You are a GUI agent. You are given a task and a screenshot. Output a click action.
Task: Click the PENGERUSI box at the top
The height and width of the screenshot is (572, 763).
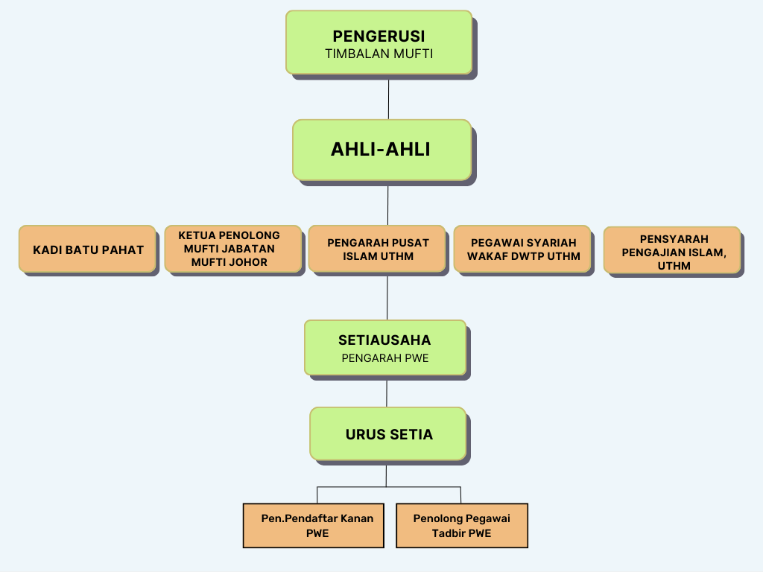pos(379,42)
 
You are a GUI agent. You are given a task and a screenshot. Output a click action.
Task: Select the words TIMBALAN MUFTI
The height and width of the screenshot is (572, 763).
pos(379,54)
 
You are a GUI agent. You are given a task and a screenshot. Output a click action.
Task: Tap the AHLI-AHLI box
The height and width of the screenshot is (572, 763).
pos(381,150)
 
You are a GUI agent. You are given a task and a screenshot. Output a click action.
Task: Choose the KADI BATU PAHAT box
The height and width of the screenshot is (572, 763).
pos(88,249)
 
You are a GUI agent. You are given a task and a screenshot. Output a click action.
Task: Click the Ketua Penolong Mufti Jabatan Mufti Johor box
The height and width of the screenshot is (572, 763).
pos(232,249)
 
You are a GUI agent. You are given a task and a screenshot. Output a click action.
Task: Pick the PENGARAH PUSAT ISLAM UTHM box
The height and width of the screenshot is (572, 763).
pos(378,249)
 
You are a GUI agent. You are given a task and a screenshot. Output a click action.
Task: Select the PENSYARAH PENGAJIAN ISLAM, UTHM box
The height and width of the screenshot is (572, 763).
pos(673,251)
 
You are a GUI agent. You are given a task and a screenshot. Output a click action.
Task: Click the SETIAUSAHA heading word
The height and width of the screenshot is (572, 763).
pos(384,340)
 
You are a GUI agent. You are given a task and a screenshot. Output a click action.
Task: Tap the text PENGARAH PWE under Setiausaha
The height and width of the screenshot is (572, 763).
pos(384,357)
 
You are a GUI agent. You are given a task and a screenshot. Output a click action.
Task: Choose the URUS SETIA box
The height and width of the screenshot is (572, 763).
pos(388,433)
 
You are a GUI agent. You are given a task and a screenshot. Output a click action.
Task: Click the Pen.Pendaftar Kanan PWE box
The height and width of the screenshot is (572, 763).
pos(314,525)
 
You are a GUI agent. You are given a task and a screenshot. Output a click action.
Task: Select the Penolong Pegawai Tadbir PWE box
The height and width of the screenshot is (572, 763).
pos(461,525)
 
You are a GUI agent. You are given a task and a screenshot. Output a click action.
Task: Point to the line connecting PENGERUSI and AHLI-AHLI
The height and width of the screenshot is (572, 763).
pos(388,97)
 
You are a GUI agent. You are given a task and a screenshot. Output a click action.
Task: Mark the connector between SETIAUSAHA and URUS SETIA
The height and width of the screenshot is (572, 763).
pos(387,391)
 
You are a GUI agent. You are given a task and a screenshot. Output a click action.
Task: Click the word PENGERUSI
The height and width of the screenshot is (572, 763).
pos(379,36)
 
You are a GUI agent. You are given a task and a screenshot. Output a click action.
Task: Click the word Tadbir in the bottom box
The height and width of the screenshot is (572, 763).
pos(449,533)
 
